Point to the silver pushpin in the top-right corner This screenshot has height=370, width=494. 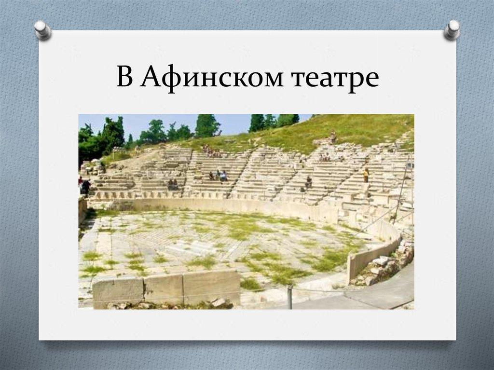point(452,29)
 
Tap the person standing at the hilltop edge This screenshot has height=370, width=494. point(333,137)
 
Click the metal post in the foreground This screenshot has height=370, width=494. point(289,296)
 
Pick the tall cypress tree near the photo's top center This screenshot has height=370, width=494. point(207,125)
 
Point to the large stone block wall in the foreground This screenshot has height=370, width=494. point(167,288)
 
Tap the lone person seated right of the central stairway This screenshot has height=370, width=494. point(308,182)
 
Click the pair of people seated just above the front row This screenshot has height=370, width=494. point(172,184)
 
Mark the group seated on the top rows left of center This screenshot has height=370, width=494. point(211,151)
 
